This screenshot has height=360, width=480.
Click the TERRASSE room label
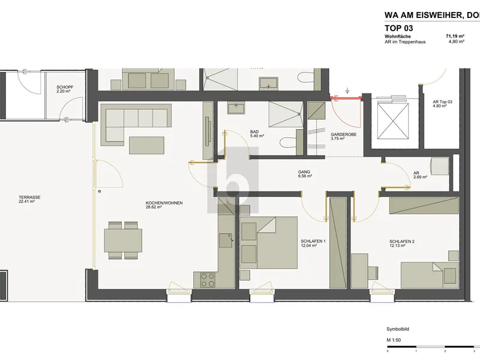pos(29,197)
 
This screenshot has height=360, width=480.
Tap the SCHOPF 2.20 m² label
pos(65,89)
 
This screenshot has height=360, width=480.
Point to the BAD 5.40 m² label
pos(257,134)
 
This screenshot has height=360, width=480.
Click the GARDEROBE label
pos(343,134)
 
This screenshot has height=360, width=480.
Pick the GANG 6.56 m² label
pos(305,174)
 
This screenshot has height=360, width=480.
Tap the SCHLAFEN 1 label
pos(313,241)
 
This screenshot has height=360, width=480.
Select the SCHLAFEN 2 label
pos(402,242)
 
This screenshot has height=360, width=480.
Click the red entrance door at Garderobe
pos(346,98)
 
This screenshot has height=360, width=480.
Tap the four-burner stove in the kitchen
pos(208,280)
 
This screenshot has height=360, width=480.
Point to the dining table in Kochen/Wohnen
pos(123,241)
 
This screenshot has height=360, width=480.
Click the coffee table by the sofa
pos(146,145)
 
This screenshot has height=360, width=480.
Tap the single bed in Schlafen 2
pos(430,275)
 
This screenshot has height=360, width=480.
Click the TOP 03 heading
pos(398,28)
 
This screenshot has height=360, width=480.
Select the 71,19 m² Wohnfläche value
pos(455,37)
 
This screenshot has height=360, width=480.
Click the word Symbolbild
pos(398,329)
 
